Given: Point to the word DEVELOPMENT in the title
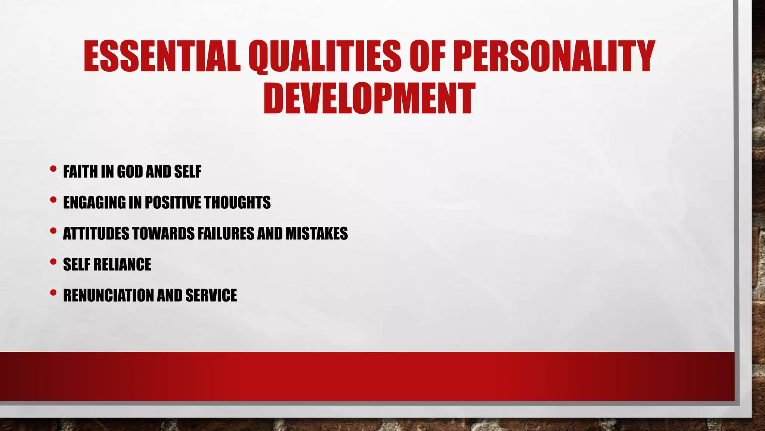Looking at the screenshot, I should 369,99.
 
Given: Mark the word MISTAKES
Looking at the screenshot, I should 317,233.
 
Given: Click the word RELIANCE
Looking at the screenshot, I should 122,265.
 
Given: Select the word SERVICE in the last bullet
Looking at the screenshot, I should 211,295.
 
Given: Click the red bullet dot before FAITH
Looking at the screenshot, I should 53,169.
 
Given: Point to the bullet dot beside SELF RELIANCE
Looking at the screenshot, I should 53,262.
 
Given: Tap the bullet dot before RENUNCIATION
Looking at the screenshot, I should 53,293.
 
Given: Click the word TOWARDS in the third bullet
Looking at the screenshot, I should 163,233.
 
